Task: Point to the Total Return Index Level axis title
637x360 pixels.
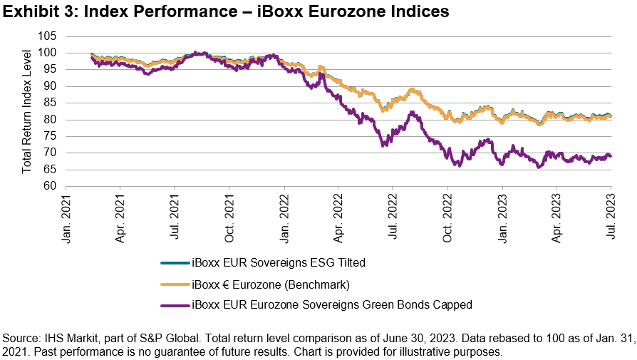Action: click(x=26, y=110)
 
